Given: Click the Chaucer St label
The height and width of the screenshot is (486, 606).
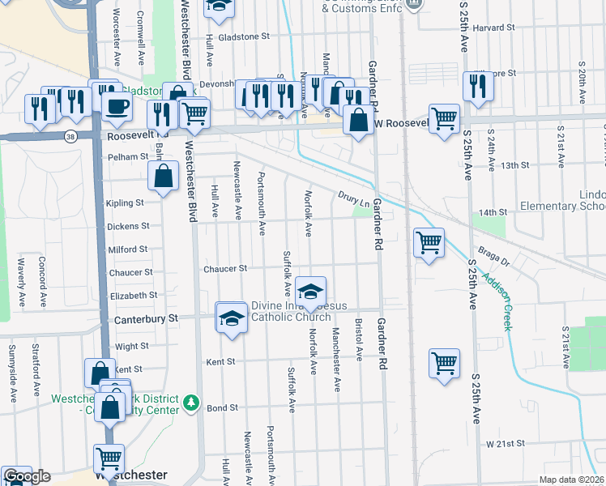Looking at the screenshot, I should (x=225, y=269).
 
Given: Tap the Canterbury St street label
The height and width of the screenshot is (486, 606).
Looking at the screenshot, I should (x=150, y=319).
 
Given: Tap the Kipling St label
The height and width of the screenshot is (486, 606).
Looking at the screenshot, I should (x=125, y=203).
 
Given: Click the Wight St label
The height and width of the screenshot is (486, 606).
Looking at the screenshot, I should (x=132, y=346).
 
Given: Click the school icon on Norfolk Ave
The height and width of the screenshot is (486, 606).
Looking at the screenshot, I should (x=310, y=290).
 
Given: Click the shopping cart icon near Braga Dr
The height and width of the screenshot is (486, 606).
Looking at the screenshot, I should (x=428, y=242).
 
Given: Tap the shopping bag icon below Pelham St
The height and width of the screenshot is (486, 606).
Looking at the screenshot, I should (x=164, y=175).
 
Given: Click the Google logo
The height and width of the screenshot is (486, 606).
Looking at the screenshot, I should (x=27, y=477).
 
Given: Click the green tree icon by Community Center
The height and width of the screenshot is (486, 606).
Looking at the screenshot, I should (x=191, y=401).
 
